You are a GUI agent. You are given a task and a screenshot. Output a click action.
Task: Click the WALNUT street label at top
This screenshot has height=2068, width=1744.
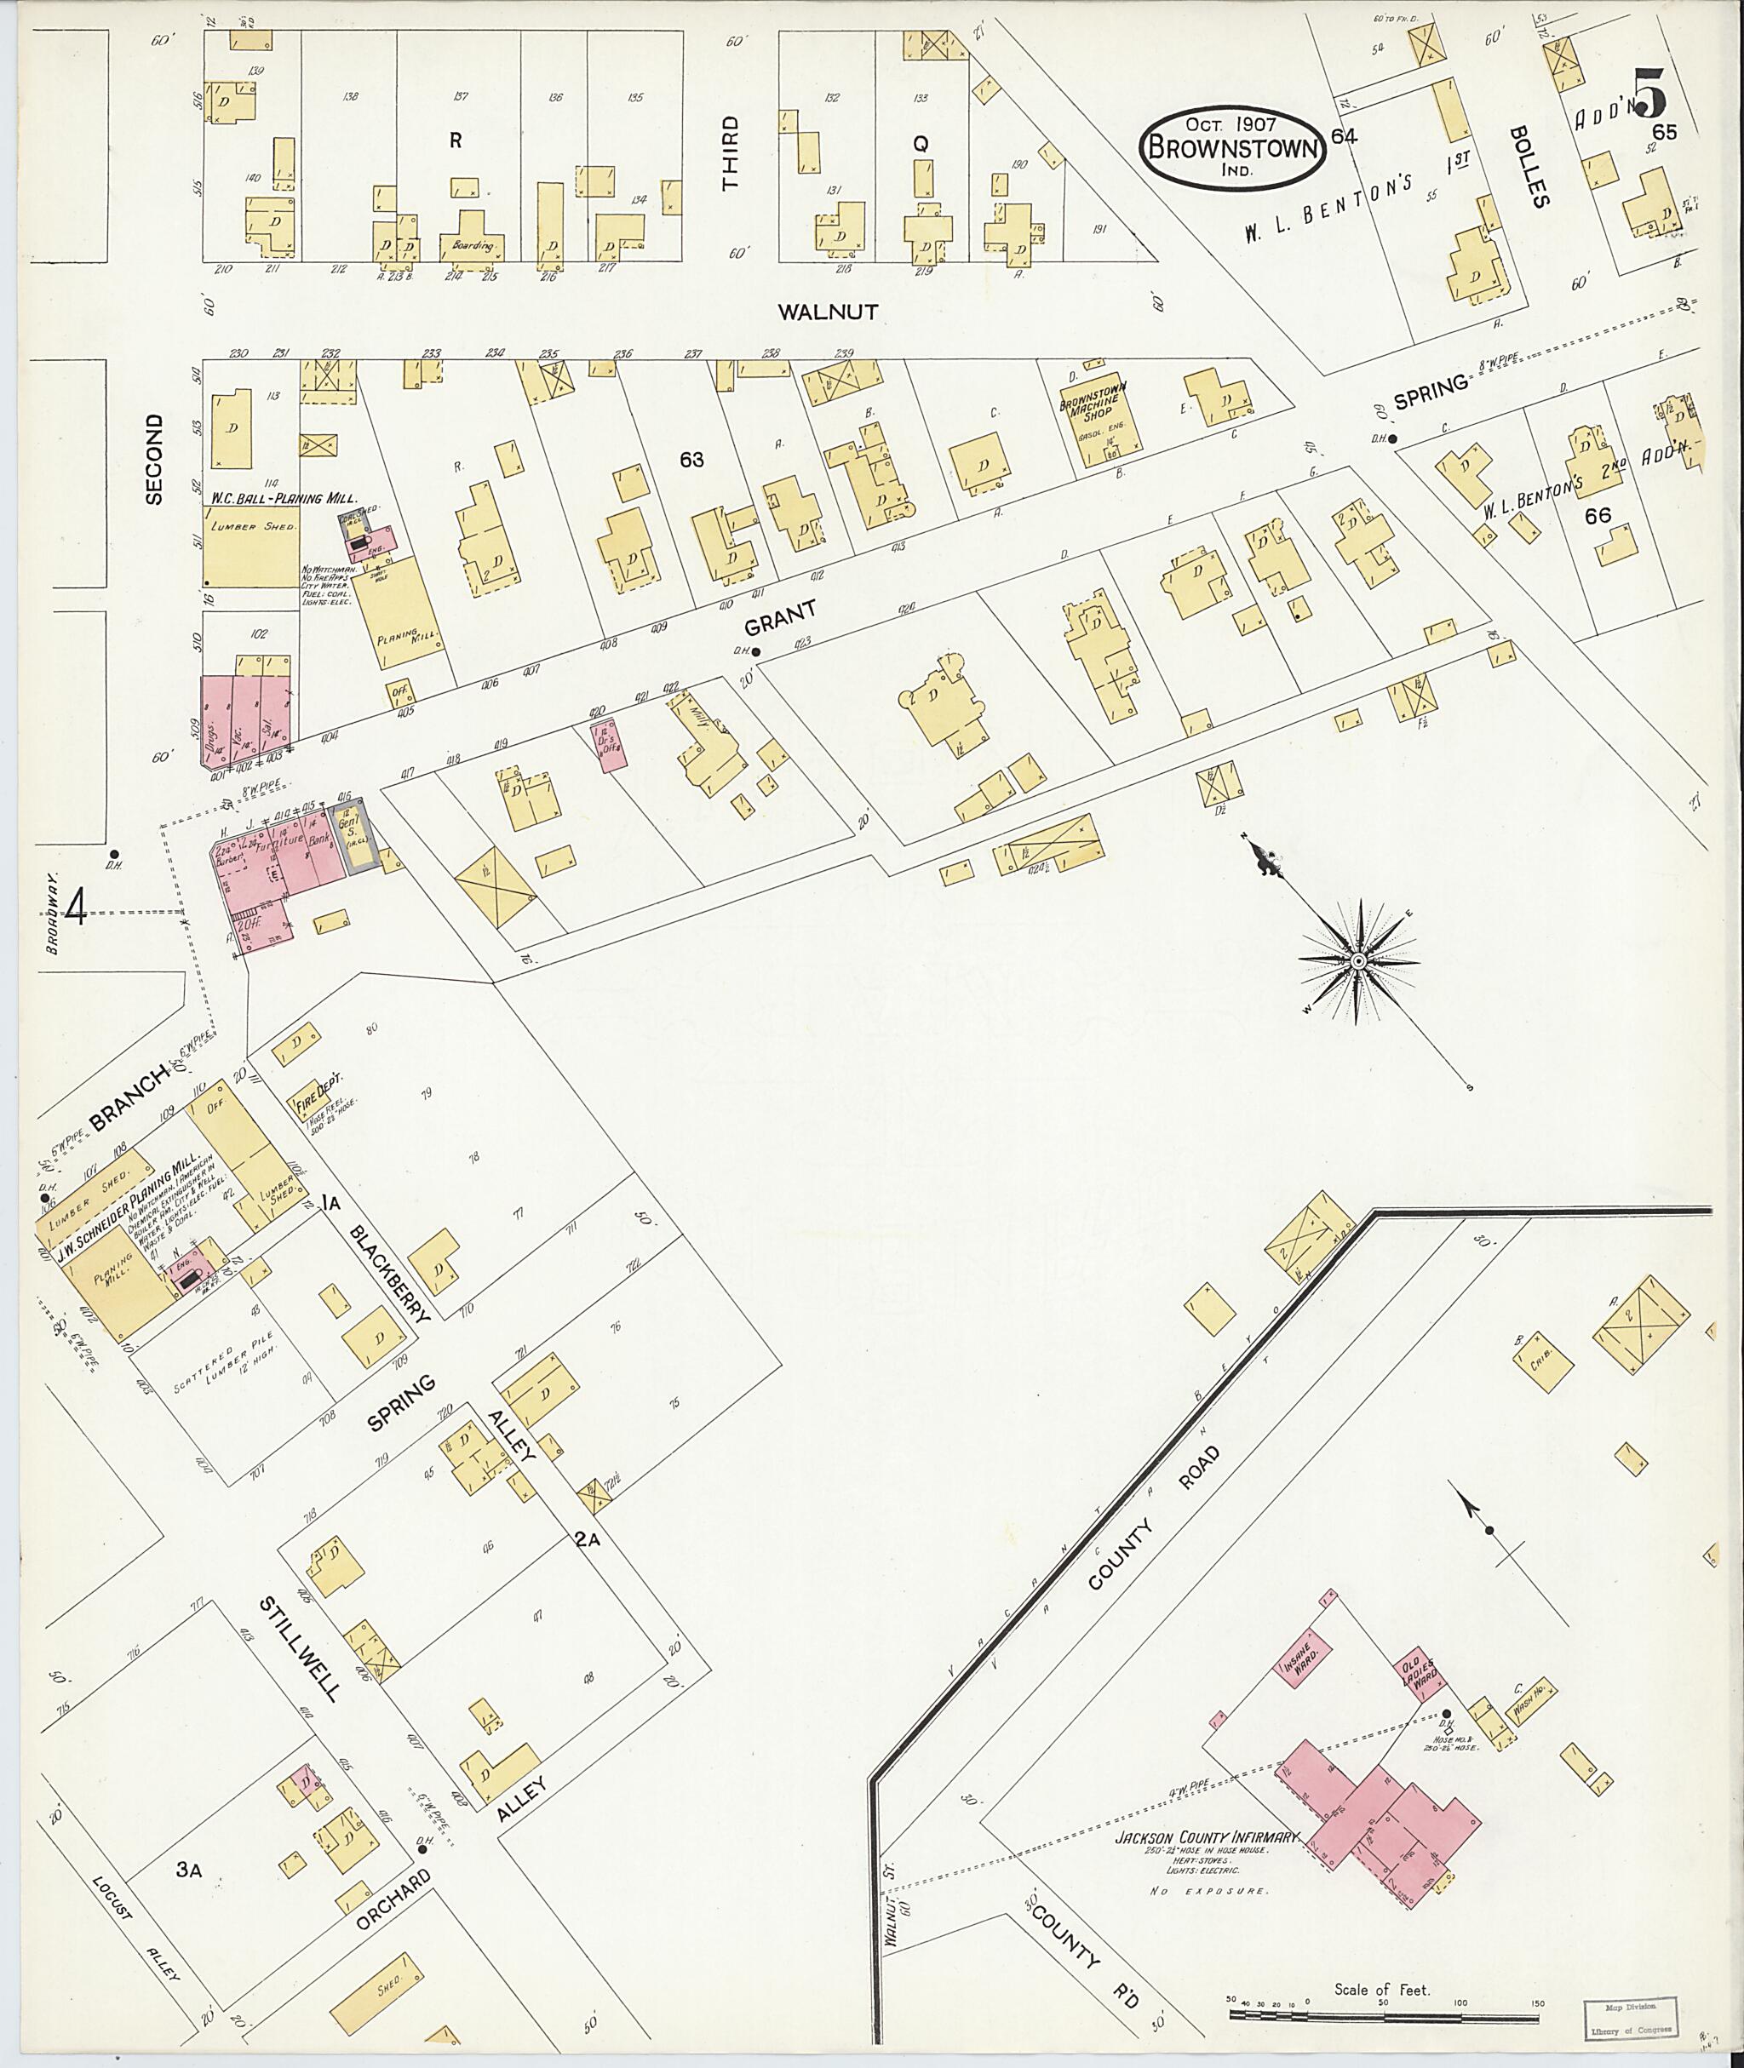(x=828, y=312)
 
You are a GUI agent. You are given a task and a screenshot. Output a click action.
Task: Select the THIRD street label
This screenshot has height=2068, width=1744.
(x=730, y=152)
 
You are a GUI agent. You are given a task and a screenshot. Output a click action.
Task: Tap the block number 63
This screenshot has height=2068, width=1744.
(x=691, y=460)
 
